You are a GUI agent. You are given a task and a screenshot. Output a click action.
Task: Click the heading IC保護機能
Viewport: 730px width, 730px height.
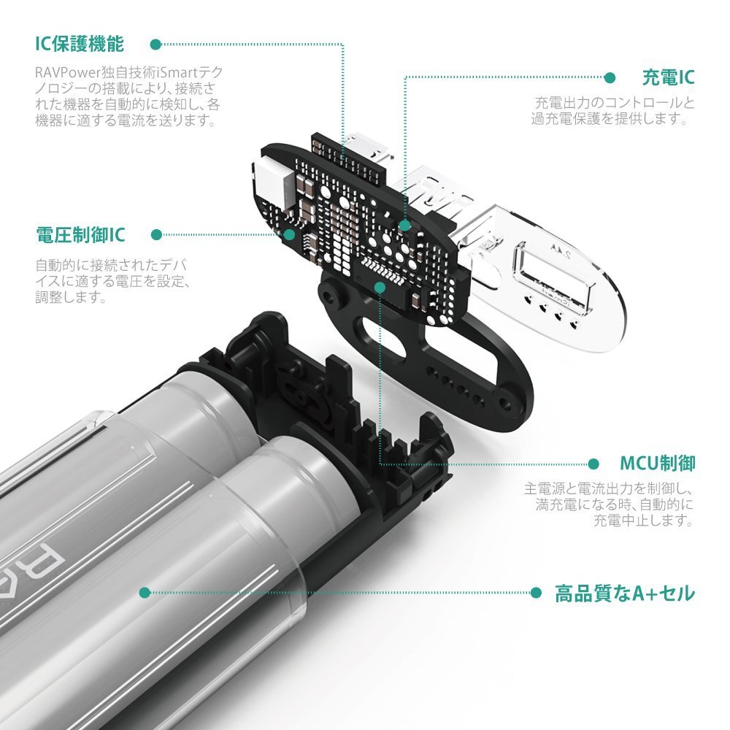coord(80,44)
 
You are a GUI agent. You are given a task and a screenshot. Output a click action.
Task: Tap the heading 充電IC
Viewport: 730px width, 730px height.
coord(668,77)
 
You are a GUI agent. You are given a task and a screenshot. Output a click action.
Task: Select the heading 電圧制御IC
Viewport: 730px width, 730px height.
coord(80,234)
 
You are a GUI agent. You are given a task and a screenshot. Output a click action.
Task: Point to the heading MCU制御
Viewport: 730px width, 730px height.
coord(658,464)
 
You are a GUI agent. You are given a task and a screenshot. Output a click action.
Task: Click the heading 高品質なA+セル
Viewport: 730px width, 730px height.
coord(625,593)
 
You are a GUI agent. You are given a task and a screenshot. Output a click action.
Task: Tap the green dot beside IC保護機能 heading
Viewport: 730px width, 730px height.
coord(155,45)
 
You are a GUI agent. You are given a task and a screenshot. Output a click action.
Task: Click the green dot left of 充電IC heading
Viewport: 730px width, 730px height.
coord(610,78)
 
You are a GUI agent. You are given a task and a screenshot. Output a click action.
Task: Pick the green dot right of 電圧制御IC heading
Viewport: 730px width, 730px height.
coord(156,234)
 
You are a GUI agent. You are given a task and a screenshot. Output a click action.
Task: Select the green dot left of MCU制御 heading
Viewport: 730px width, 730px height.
coord(593,464)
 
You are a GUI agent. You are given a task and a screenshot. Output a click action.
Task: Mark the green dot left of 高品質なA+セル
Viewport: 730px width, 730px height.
coord(536,593)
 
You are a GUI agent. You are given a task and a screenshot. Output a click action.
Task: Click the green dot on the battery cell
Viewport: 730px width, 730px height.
coord(145,593)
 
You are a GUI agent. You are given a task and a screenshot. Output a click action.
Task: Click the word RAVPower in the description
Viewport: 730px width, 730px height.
coord(68,73)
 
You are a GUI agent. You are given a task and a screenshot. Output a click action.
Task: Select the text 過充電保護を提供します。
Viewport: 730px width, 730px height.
coord(610,118)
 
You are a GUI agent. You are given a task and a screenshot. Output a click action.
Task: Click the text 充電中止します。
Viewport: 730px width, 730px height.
coord(643,520)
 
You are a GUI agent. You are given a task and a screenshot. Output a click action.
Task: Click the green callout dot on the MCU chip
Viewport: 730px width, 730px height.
coord(380,288)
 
